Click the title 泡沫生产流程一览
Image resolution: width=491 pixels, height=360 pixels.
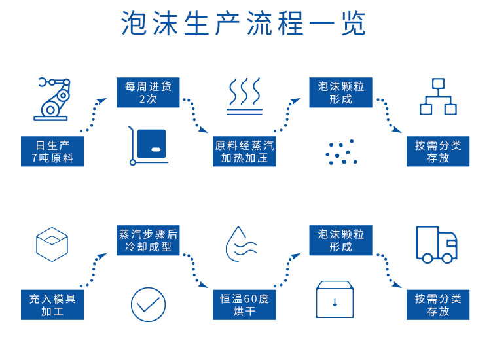tap(244, 24)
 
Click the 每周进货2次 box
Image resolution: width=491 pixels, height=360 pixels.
tap(148, 92)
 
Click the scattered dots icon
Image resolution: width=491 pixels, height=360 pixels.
tap(341, 152)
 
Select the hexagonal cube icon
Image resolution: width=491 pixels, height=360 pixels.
tap(52, 243)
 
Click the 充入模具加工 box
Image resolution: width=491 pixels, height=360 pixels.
tap(53, 305)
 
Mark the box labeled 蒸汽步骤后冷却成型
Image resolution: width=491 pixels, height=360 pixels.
tap(148, 240)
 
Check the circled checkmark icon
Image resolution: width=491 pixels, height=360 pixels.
tap(148, 304)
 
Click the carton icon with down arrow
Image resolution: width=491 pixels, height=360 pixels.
tap(335, 300)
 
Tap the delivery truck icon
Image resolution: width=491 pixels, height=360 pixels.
tap(437, 244)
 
